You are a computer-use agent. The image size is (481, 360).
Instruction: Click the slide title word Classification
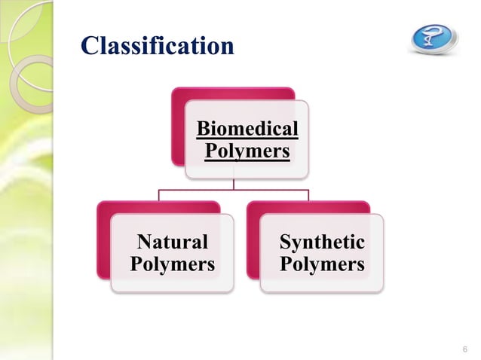coord(157,46)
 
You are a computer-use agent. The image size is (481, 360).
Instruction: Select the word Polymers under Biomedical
coord(247,151)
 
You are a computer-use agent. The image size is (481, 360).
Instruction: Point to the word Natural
coord(172,243)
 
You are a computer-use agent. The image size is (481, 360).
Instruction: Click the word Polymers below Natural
coord(172,265)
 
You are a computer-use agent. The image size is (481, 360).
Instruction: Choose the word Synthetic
coord(322,243)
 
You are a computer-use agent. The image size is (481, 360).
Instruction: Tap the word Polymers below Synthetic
coord(322,265)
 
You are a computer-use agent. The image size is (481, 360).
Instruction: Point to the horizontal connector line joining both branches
coord(234,191)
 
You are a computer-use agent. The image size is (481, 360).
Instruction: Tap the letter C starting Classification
coord(90,46)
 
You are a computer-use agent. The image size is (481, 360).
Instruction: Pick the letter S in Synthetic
coord(285,243)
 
